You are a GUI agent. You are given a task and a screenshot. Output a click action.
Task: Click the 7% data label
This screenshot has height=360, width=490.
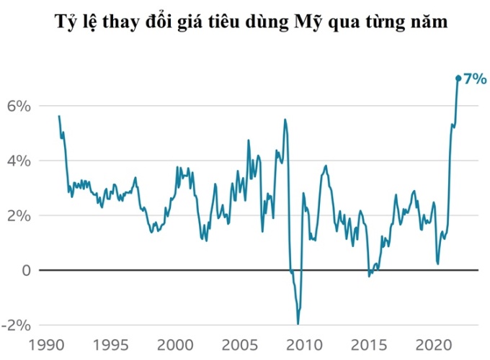pos(476,79)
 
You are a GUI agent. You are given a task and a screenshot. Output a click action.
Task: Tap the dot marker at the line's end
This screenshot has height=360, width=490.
pos(458,78)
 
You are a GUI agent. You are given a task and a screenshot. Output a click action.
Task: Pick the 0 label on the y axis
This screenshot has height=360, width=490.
pos(25,270)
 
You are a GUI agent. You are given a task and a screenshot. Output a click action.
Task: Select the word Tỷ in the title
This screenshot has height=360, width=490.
pos(66,22)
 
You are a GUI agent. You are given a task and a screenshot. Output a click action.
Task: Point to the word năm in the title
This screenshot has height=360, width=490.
pos(430,22)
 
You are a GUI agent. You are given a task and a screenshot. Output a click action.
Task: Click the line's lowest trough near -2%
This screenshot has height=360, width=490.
pos(298,323)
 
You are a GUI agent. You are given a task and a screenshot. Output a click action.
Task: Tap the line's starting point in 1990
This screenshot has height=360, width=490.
pos(59,116)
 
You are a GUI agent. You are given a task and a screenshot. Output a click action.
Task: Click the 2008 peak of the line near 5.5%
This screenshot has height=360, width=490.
pos(285,120)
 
